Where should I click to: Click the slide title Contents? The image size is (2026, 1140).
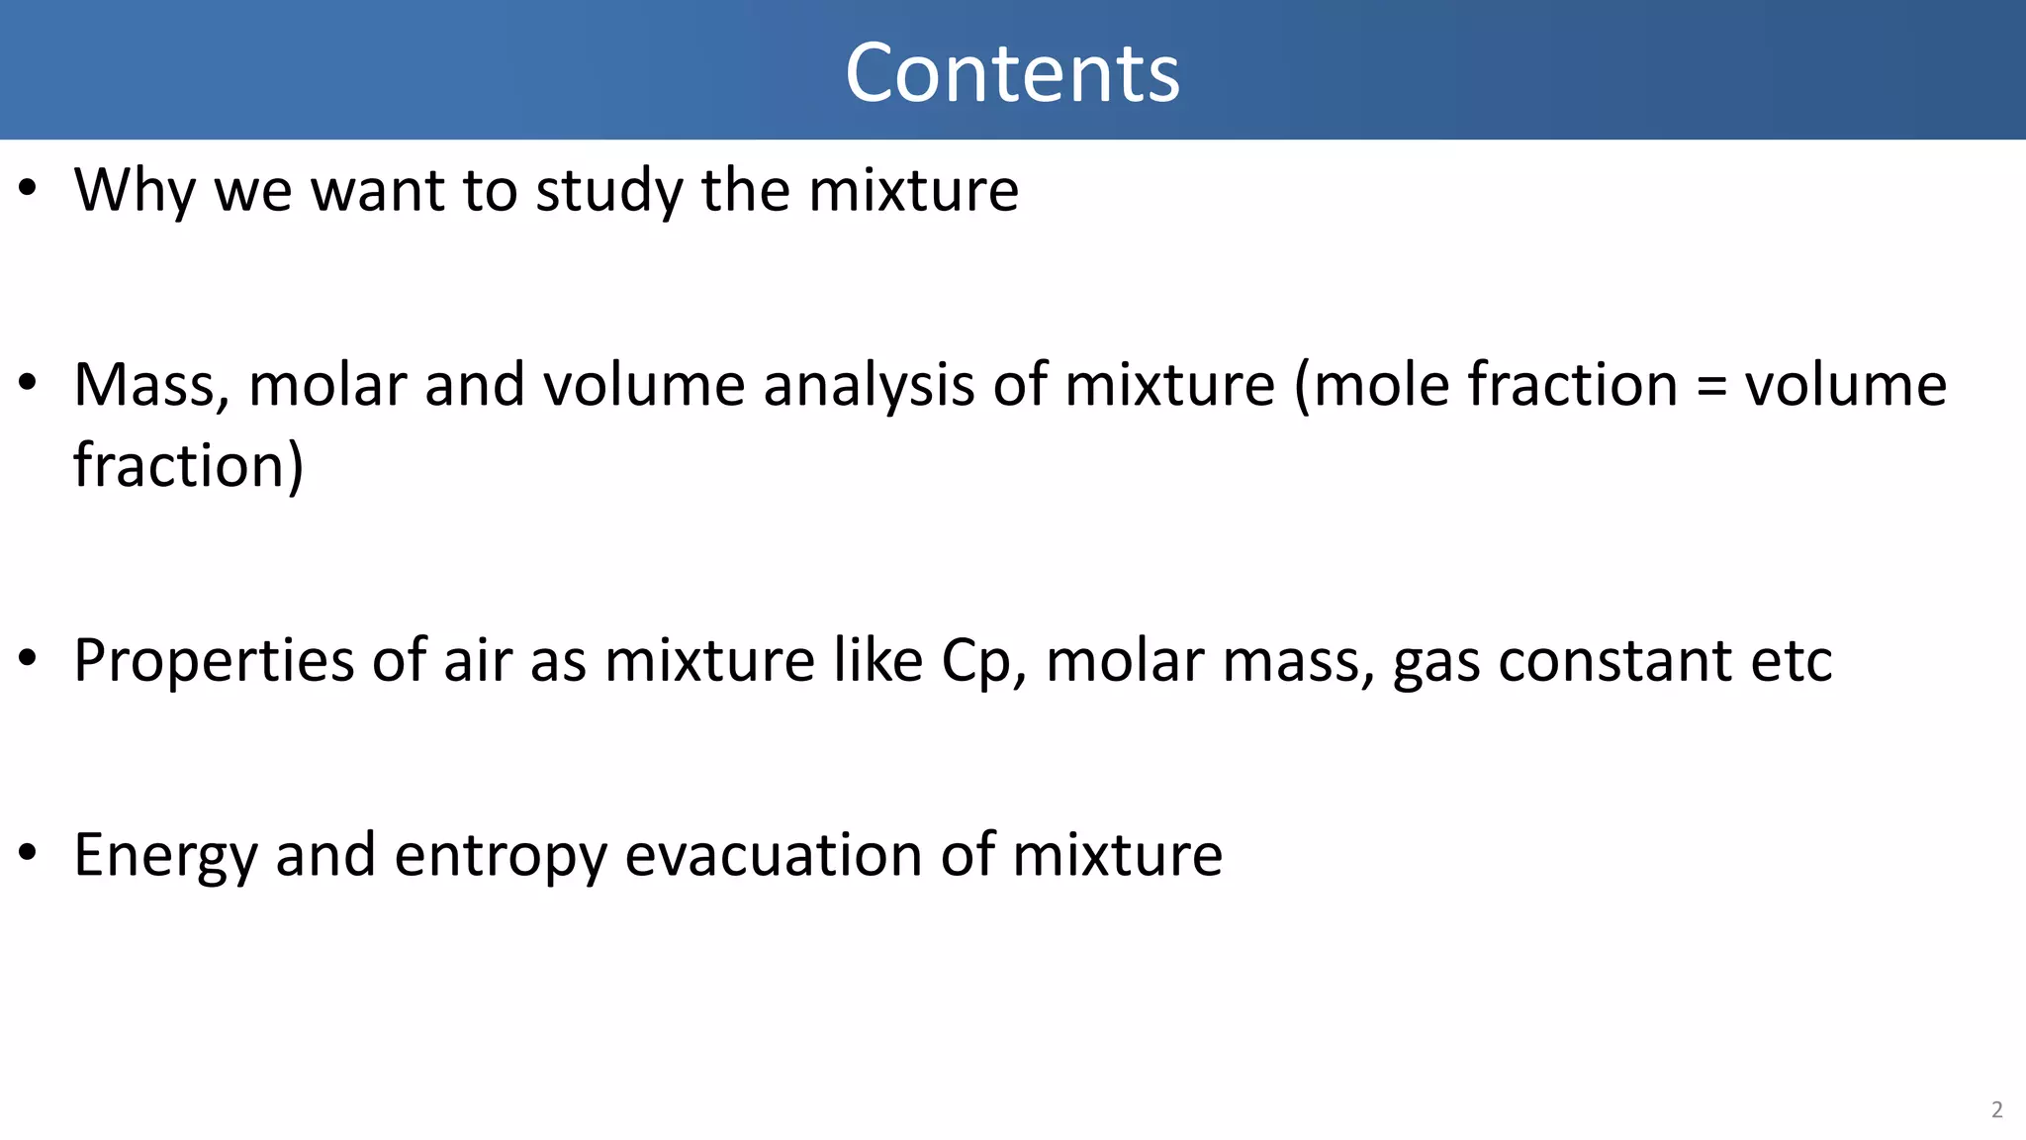pos(1012,73)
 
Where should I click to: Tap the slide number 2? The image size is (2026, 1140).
pos(1996,1109)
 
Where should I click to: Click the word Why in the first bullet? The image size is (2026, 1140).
pos(134,189)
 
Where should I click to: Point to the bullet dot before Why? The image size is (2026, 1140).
pos(28,187)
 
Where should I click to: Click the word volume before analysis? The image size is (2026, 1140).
pos(644,384)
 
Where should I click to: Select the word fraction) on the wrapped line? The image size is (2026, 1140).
pos(188,465)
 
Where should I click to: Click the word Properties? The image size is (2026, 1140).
pos(213,661)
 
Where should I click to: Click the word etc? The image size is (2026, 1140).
pos(1791,661)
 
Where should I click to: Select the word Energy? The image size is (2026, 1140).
pos(164,856)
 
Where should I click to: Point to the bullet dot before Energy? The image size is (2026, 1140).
pos(28,852)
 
